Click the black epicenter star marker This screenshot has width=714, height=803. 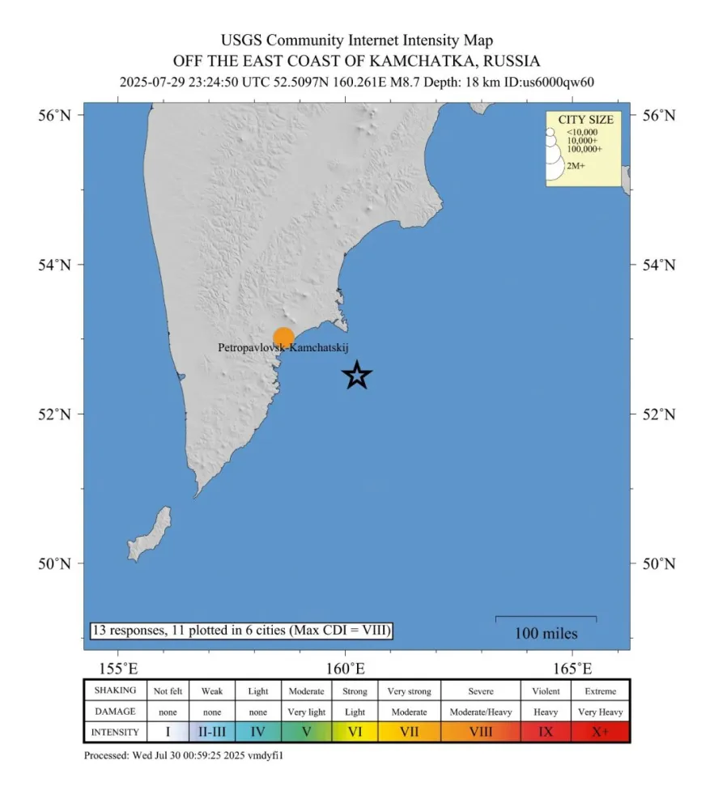pos(357,375)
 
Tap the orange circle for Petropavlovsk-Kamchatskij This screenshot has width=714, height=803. pos(283,338)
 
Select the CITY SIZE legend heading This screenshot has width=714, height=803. pos(585,120)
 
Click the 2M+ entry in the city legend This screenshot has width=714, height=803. pos(576,166)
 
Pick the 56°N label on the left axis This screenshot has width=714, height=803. pos(57,115)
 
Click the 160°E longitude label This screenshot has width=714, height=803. pos(346,669)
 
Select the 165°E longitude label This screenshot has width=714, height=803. pos(572,669)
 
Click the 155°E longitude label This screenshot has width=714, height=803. pos(118,669)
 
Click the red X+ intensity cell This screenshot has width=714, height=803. pos(600,732)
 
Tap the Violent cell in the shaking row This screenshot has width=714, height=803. pos(546,691)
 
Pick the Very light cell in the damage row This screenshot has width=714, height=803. pos(306,712)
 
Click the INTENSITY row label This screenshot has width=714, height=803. pos(116,732)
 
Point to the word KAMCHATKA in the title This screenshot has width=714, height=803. pos(422,61)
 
